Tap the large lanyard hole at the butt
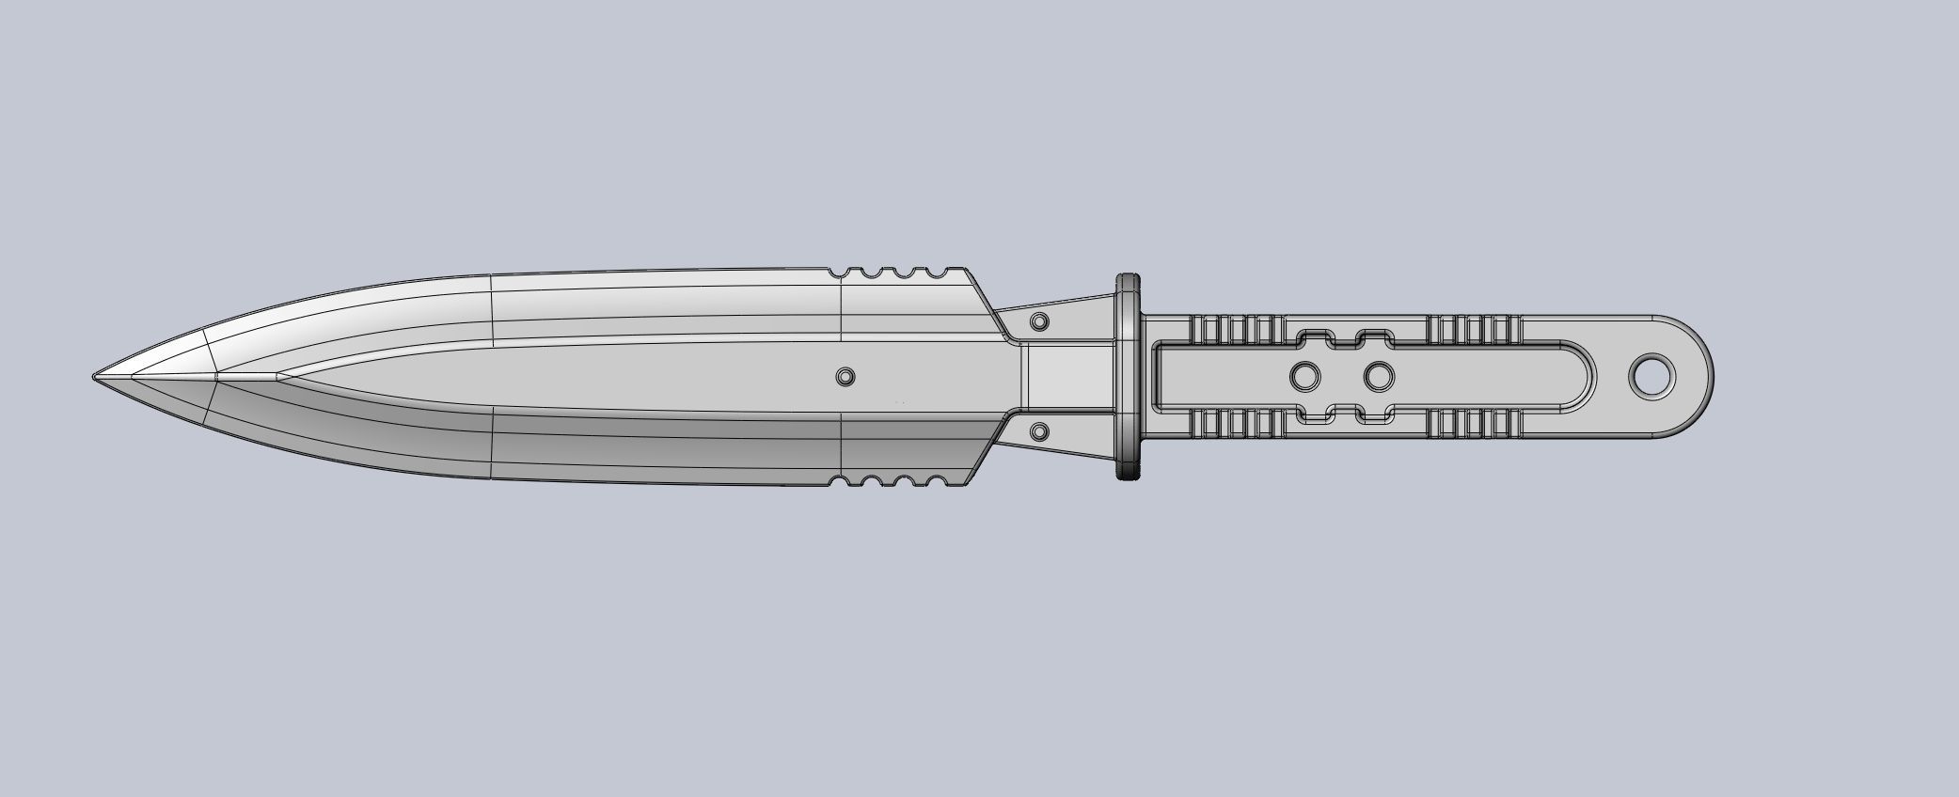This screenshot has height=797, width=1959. [1652, 377]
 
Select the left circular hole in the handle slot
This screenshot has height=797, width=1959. [1304, 377]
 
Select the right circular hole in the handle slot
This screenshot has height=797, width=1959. [1378, 377]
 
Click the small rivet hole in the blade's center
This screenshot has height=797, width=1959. [845, 377]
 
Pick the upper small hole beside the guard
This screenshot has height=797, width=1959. [1039, 321]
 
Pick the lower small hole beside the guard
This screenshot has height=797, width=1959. [1039, 432]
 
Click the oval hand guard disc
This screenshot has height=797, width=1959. [1128, 377]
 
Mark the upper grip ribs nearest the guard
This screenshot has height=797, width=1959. [1238, 329]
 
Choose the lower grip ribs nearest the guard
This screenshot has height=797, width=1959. [1238, 425]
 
